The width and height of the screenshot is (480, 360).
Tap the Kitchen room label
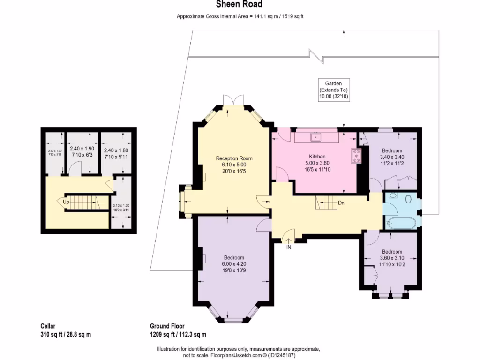coord(317,157)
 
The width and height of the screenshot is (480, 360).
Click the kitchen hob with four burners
coord(356,155)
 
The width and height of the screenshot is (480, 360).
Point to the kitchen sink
coord(315,137)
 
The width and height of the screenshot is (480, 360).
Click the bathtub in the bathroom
coord(399,223)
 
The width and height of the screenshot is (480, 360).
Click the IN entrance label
coord(289,247)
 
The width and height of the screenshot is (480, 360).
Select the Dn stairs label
coord(342,203)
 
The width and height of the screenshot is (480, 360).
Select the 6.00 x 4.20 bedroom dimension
coord(233,264)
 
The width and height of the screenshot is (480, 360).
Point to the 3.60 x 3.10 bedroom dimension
coord(391,258)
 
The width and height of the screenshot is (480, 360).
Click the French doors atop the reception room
coord(233,100)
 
